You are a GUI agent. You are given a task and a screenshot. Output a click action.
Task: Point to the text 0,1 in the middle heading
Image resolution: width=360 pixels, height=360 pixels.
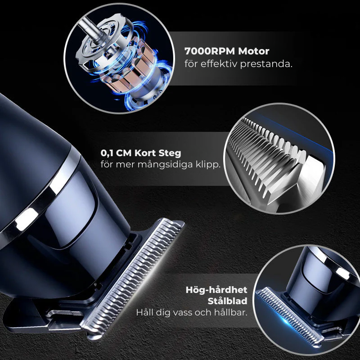pyautogui.click(x=108, y=153)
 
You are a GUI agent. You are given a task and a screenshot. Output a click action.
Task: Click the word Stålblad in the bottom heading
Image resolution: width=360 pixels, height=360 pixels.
pyautogui.click(x=228, y=301)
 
